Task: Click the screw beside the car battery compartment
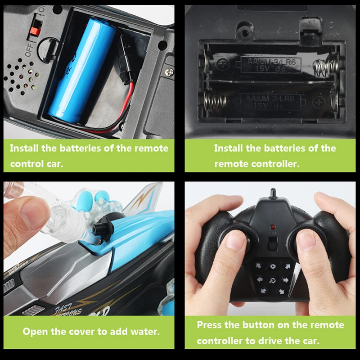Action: (x=169, y=71)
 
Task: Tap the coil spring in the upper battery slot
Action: (x=325, y=67)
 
